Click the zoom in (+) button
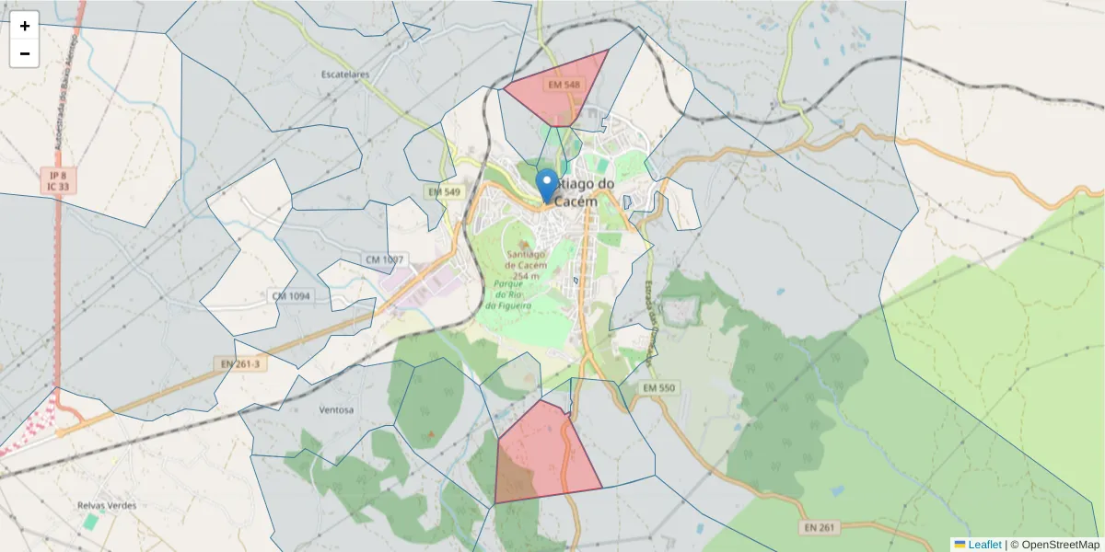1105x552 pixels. (x=25, y=26)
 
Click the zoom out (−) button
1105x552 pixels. (x=25, y=53)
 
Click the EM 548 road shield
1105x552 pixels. (x=564, y=85)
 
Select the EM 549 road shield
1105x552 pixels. (x=444, y=191)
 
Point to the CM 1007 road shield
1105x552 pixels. (x=384, y=260)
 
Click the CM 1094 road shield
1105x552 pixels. (x=292, y=296)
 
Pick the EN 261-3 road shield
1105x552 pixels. (x=240, y=364)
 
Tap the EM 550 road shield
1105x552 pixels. (x=660, y=389)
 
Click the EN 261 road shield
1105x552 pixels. (x=818, y=527)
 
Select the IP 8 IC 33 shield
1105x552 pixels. (x=59, y=180)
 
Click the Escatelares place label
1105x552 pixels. (x=345, y=74)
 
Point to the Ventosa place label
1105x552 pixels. (x=335, y=409)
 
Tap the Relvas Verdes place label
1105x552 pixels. (x=107, y=506)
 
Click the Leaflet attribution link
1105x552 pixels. (x=983, y=545)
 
